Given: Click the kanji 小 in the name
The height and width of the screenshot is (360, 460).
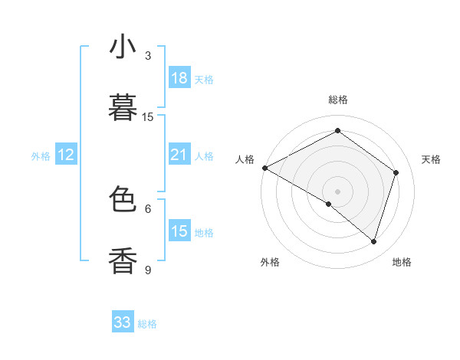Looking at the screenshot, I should pos(123,47).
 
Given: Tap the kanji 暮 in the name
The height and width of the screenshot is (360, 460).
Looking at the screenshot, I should pos(123,108).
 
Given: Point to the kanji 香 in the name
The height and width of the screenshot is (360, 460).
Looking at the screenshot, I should pos(123,260).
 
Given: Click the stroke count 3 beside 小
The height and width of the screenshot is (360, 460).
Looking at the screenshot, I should pos(148,56).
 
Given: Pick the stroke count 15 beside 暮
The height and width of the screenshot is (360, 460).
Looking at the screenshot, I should pos(148,117).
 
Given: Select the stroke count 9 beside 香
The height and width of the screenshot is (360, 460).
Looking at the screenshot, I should pos(148,270).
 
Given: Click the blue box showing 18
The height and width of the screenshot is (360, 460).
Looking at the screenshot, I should pos(179,78).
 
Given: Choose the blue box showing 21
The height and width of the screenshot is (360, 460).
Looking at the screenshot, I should pos(179,155).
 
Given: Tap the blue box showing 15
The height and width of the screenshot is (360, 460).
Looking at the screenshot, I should pos(179,231).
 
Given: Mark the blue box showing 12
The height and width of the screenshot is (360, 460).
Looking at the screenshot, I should pos(66,155).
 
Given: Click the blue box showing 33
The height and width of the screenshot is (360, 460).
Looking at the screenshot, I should pos(123,322).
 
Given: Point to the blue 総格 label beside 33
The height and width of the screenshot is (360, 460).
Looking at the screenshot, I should pos(147,324).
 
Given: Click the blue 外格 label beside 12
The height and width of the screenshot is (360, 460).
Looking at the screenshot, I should pos(41,156).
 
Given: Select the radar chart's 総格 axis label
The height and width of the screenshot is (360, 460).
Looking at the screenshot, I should pos(337,100).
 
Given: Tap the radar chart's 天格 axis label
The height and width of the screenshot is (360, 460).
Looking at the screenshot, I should pos(432,159).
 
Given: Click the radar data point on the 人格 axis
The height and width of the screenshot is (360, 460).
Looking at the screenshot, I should pos(264,168).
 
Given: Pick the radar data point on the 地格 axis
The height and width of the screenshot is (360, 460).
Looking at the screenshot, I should pos(373,241).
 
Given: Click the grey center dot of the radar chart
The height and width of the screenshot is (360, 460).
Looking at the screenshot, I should pos(337,191).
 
